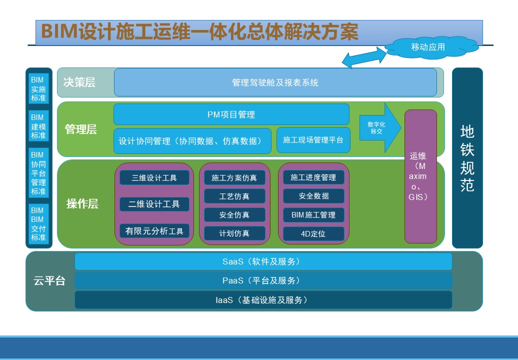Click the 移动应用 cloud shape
point(431,47)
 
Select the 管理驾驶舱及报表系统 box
point(275,82)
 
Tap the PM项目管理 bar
point(231,114)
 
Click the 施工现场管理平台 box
point(313,140)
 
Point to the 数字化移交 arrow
point(380,127)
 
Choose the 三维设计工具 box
point(154,177)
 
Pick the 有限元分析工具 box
point(154,231)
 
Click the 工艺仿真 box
point(234,196)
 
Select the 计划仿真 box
point(234,233)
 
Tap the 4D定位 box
point(313,233)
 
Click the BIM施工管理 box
point(313,214)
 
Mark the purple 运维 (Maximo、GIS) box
point(420,176)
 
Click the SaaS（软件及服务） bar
point(263,261)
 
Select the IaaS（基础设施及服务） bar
point(263,300)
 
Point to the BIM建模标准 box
point(38,126)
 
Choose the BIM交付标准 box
point(38,223)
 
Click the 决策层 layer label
point(79,82)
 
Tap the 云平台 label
point(49,280)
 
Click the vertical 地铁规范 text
point(467,158)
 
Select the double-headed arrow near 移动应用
point(364,57)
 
